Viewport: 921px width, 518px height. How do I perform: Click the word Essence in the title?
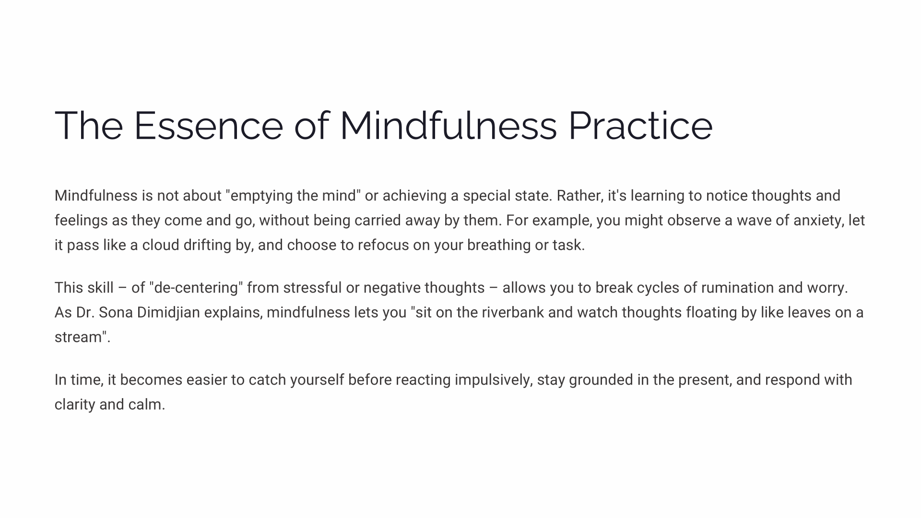208,126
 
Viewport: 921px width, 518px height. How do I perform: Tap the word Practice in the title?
640,126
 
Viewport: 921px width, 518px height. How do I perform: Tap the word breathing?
499,245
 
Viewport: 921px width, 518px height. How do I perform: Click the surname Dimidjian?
168,313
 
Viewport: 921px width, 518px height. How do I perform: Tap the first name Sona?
116,313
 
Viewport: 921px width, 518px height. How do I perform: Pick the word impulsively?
494,380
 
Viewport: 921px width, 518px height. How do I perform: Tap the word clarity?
75,405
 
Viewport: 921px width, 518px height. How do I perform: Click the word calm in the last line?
146,405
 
